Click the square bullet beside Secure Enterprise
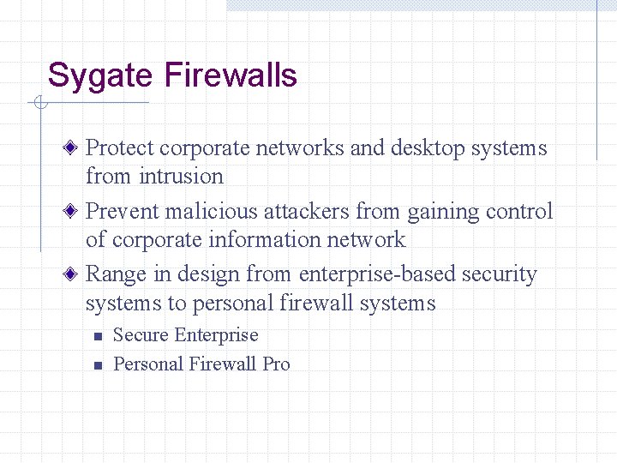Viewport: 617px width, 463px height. click(x=98, y=336)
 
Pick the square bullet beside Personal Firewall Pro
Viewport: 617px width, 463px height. click(x=98, y=365)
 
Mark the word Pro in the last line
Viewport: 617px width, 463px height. click(x=276, y=364)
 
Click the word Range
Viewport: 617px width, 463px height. click(x=116, y=274)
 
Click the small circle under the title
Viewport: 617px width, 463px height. click(x=39, y=104)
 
